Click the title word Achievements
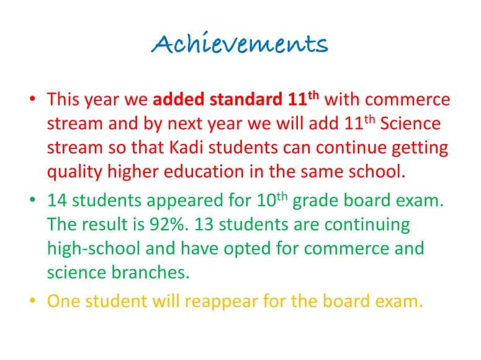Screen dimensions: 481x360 pyautogui.click(x=240, y=43)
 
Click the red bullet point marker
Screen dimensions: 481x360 pyautogui.click(x=32, y=99)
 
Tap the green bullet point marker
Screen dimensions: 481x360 pyautogui.click(x=32, y=200)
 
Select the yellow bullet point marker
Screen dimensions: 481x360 pyautogui.click(x=32, y=300)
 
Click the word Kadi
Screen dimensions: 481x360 pyautogui.click(x=186, y=147)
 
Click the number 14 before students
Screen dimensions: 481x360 pyautogui.click(x=57, y=200)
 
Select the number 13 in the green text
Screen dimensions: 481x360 pyautogui.click(x=204, y=224)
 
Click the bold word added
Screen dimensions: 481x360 pyautogui.click(x=179, y=99)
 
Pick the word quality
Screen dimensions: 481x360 pyautogui.click(x=74, y=172)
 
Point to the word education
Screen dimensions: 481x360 pyautogui.click(x=204, y=171)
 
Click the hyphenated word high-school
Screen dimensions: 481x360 pyautogui.click(x=94, y=248)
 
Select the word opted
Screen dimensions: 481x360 pyautogui.click(x=247, y=249)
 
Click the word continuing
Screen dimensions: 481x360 pyautogui.click(x=367, y=225)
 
